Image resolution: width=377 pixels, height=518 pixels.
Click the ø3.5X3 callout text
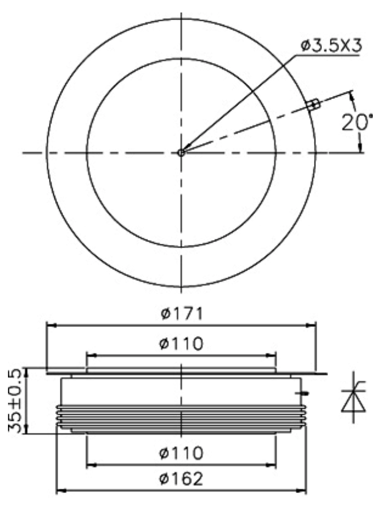(331, 46)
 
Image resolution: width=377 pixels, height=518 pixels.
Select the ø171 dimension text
(181, 313)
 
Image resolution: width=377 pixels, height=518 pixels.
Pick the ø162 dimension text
(181, 479)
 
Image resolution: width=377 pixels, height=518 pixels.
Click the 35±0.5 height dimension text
(15, 401)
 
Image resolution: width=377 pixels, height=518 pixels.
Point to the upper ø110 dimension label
(181, 343)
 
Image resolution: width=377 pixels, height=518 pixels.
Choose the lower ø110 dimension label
(181, 453)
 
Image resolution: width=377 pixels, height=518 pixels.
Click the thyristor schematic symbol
(354, 397)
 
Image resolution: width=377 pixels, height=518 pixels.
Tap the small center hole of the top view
(181, 153)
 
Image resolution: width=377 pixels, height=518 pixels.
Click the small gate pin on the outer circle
(313, 104)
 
